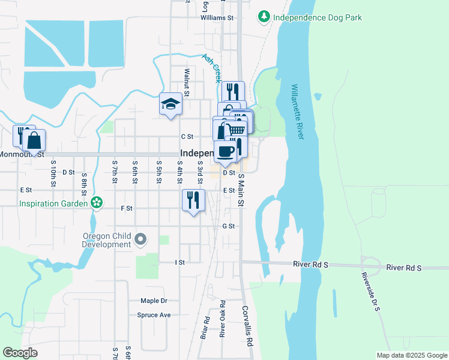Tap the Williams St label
(217, 18)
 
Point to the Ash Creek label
(212, 68)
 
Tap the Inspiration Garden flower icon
(96, 203)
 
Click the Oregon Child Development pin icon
(140, 240)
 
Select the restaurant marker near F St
(193, 200)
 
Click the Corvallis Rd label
(247, 325)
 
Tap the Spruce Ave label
(154, 315)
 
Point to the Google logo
(20, 353)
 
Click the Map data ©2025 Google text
(411, 355)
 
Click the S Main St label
(241, 190)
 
